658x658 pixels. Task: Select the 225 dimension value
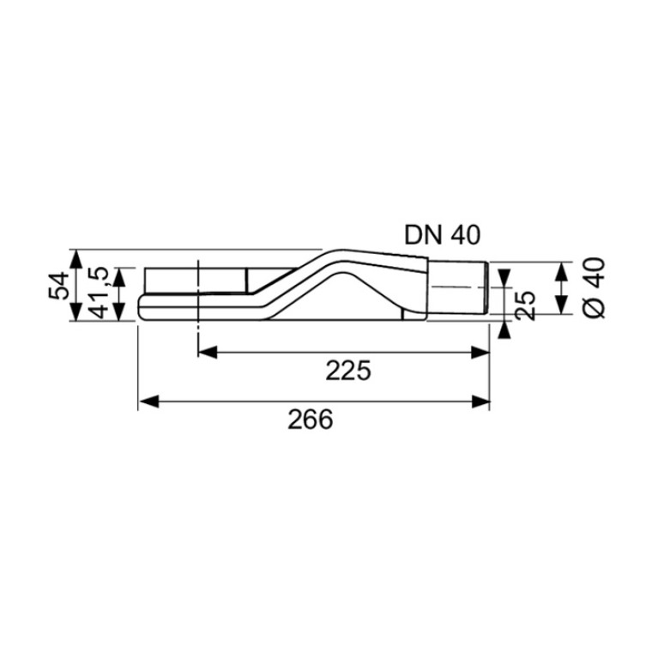[348, 371]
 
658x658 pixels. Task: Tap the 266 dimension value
[310, 420]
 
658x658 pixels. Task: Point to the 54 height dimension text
[58, 286]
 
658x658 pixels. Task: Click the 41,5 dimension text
[100, 293]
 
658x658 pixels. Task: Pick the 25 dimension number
[525, 305]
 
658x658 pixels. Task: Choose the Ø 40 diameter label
[595, 288]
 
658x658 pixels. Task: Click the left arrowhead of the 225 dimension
[208, 353]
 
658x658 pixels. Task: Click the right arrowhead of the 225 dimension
[480, 353]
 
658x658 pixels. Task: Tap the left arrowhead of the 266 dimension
[149, 401]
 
